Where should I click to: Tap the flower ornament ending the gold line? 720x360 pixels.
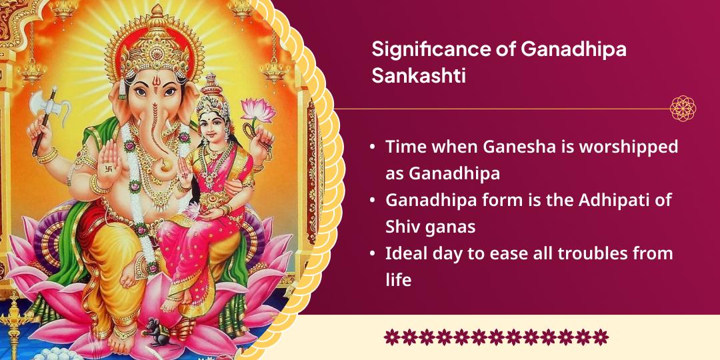coord(683,108)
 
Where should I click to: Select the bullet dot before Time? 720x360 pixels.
coord(372,147)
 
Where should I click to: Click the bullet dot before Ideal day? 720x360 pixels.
coord(372,254)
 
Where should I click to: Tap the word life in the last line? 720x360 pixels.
coord(398,279)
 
